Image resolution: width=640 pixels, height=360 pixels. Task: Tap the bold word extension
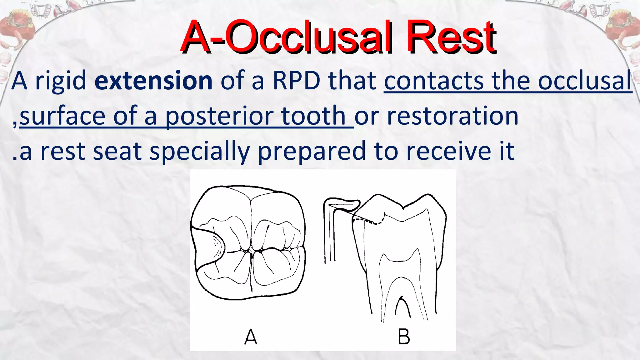coord(153,81)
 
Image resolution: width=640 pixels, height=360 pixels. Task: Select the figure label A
coord(251,337)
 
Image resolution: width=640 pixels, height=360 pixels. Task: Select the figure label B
coord(404,337)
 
